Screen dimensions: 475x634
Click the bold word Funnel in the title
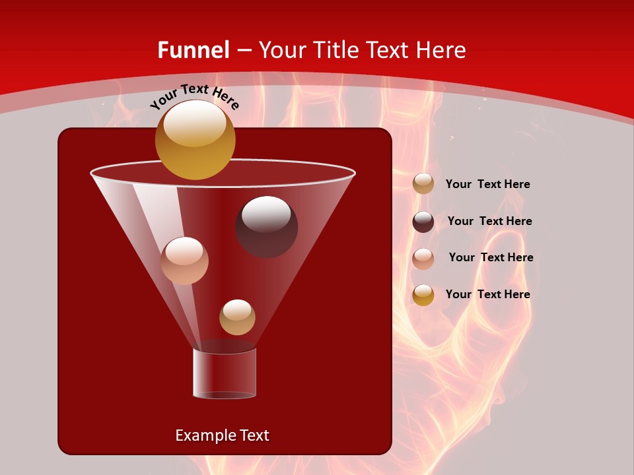pyautogui.click(x=194, y=50)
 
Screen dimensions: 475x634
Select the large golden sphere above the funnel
pyautogui.click(x=195, y=139)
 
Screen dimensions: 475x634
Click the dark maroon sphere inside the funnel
pyautogui.click(x=266, y=226)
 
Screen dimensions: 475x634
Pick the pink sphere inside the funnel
pyautogui.click(x=184, y=261)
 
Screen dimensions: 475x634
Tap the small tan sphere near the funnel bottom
pyautogui.click(x=237, y=317)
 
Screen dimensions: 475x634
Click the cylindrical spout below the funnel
pyautogui.click(x=225, y=373)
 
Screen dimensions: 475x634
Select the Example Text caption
pyautogui.click(x=222, y=435)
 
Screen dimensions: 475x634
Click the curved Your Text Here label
pyautogui.click(x=194, y=97)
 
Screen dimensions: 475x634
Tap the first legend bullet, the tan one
pyautogui.click(x=423, y=184)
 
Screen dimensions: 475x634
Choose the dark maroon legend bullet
pyautogui.click(x=423, y=222)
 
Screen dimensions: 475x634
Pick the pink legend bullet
pyautogui.click(x=423, y=258)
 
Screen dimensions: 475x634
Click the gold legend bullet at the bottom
pyautogui.click(x=423, y=295)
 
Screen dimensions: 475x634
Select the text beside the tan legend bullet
pyautogui.click(x=487, y=185)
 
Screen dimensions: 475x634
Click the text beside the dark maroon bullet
pyautogui.click(x=489, y=222)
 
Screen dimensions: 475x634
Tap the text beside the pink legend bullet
pyautogui.click(x=491, y=258)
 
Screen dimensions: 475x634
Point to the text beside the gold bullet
pyautogui.click(x=487, y=295)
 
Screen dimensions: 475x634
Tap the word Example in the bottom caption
pyautogui.click(x=201, y=435)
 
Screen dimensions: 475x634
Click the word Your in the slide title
pyautogui.click(x=280, y=50)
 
